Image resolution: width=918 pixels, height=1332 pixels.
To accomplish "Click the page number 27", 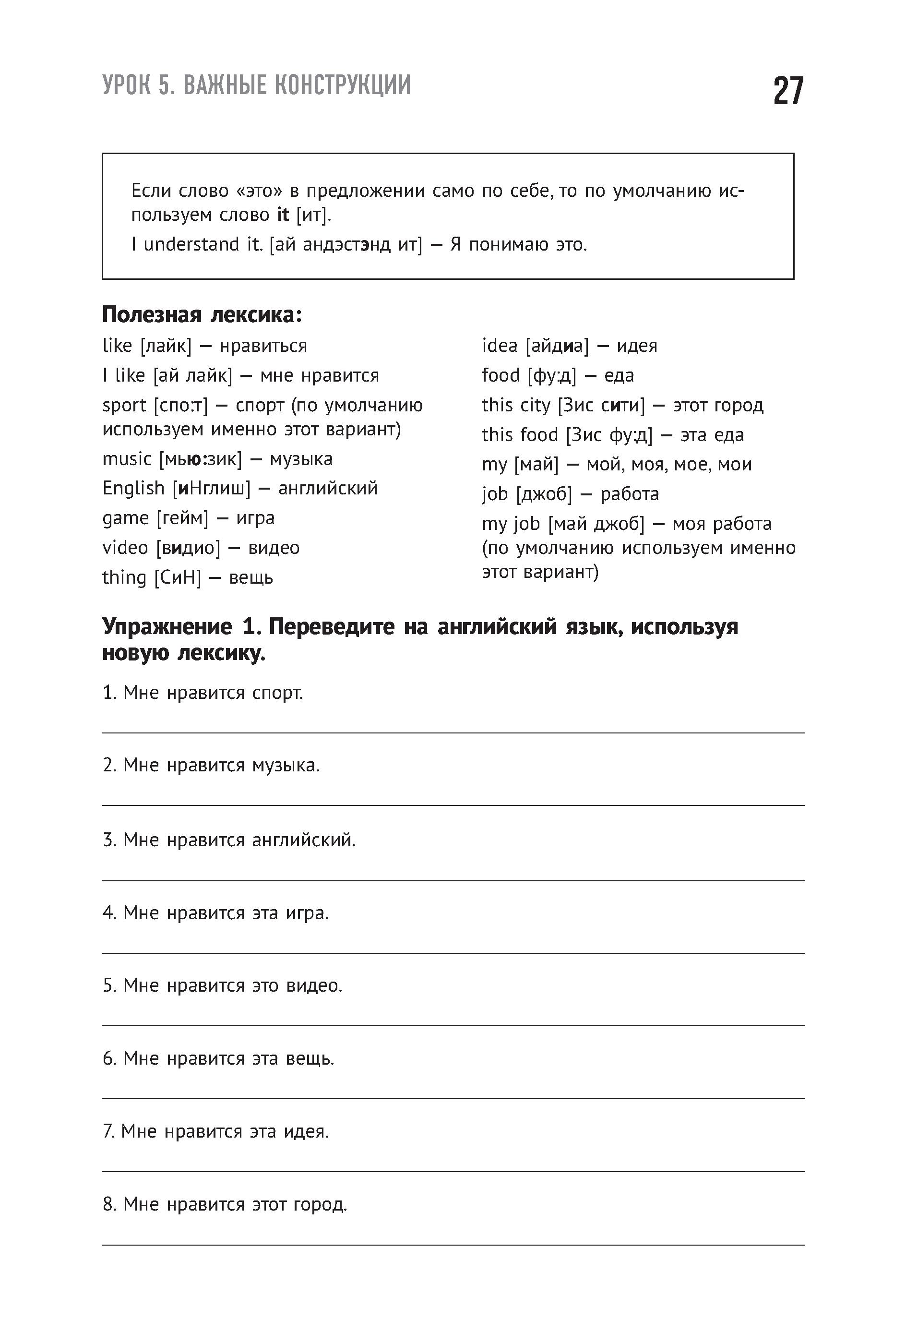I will click(x=788, y=91).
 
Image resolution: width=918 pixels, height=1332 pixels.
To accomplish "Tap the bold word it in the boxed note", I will click(x=283, y=215).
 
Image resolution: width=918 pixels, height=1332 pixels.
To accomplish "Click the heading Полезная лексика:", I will click(x=202, y=315).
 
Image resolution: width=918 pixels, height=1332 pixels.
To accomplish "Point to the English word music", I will click(x=127, y=459).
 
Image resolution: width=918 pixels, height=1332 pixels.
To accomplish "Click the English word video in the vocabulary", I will click(x=125, y=548).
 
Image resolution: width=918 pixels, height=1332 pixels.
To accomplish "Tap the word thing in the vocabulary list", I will click(x=124, y=577).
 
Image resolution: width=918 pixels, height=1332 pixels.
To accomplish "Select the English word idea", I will click(x=499, y=346).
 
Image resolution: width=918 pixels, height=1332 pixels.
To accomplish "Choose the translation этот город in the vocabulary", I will click(x=718, y=405).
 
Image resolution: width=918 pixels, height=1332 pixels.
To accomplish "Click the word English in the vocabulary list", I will click(x=133, y=489).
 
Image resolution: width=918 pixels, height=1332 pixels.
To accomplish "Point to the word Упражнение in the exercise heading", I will click(x=167, y=626).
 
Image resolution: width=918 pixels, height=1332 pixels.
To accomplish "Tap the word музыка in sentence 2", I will click(x=286, y=766).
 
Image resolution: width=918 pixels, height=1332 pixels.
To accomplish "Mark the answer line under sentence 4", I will click(x=453, y=953).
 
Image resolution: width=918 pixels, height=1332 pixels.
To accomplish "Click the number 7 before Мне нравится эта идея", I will click(x=107, y=1132).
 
